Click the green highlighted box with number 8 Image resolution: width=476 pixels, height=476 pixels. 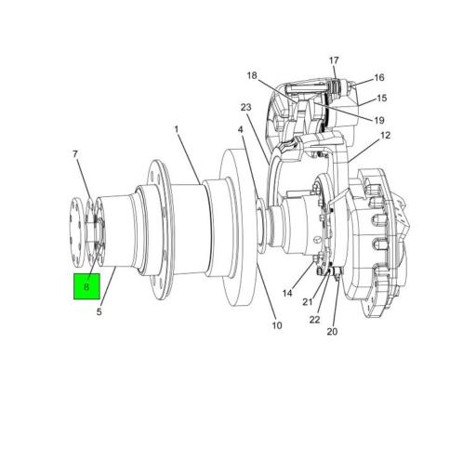(86, 287)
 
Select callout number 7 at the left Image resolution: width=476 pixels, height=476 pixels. (76, 153)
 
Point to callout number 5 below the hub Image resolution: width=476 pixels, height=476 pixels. (99, 312)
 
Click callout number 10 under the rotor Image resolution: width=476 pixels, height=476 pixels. (276, 325)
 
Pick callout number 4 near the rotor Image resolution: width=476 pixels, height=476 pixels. (239, 130)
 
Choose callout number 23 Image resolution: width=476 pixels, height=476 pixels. (246, 108)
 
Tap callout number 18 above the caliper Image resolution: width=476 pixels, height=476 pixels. (252, 75)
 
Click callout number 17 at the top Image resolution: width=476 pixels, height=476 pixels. (334, 61)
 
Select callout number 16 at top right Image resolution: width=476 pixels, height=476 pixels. (378, 78)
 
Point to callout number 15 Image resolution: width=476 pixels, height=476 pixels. (381, 99)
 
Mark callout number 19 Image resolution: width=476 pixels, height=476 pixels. (379, 120)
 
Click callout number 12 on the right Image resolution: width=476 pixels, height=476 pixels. (385, 136)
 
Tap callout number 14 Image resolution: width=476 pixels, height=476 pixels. (288, 294)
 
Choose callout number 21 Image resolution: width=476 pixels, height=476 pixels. (308, 302)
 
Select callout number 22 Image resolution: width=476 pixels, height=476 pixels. (315, 319)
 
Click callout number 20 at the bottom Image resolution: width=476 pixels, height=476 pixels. (332, 332)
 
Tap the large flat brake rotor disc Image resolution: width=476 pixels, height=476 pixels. (238, 232)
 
